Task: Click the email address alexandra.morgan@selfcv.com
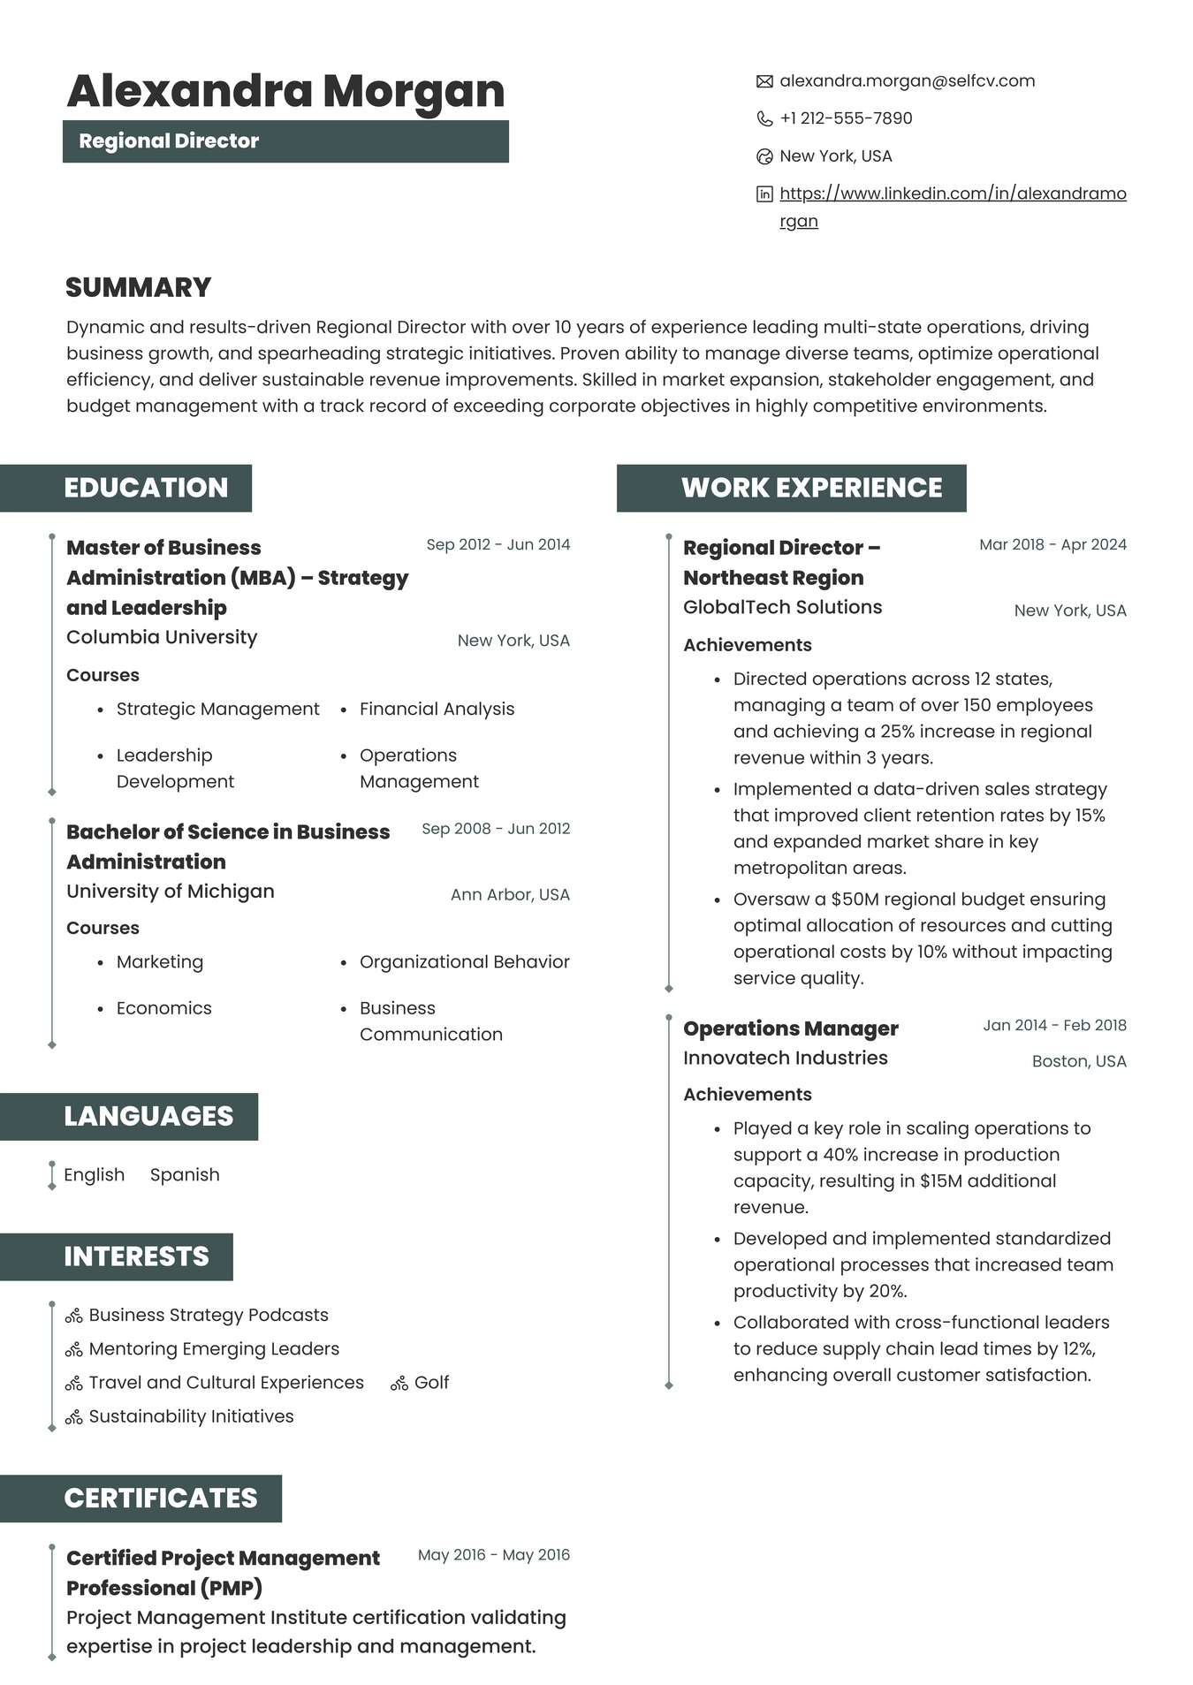point(907,81)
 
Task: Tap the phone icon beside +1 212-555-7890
point(764,118)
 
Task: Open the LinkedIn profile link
point(952,194)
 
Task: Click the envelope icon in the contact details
point(764,81)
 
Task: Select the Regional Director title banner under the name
point(285,141)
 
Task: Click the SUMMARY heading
point(139,287)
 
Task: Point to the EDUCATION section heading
point(146,488)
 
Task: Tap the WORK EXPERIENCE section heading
point(811,488)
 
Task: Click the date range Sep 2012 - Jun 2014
point(498,544)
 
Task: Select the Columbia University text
point(162,637)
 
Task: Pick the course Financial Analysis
point(437,709)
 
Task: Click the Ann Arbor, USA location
point(510,894)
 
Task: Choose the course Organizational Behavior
point(464,961)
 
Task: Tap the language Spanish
point(185,1174)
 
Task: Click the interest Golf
point(431,1382)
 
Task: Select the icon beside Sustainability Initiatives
point(74,1417)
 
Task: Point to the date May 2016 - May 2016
point(493,1554)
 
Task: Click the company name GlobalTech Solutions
point(782,607)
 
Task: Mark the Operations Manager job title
point(790,1028)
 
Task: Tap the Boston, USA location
point(1078,1061)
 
